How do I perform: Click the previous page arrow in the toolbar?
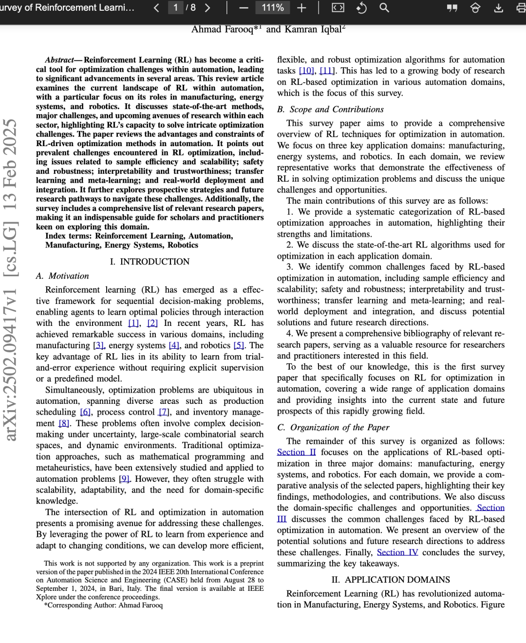coord(156,8)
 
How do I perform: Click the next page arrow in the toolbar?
coord(207,8)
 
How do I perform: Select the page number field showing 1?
coord(175,8)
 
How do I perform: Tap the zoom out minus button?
coord(244,8)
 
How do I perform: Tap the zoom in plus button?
coord(301,8)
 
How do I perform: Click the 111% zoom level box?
coord(273,8)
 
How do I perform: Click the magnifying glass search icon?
coord(384,8)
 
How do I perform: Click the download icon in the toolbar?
coord(498,8)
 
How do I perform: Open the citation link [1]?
coord(133,323)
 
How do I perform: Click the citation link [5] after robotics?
coord(239,346)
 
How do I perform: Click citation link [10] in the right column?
coord(307,71)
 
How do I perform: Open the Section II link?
coord(296,453)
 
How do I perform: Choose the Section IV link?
coord(397,553)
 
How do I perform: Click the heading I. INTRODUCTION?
coord(150,262)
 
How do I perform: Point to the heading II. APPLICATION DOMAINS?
coord(391,580)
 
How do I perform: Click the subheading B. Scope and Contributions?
coord(331,110)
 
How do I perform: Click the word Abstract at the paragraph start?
coord(59,60)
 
